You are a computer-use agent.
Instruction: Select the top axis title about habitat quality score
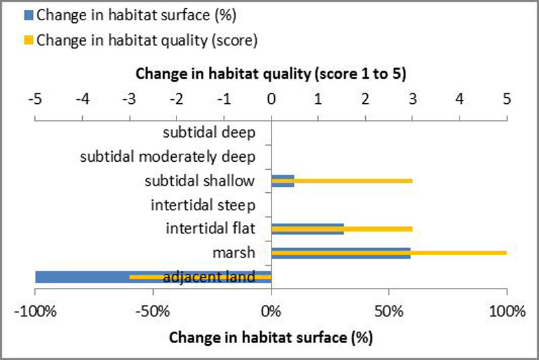point(271,74)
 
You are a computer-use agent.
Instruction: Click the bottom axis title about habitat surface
point(271,335)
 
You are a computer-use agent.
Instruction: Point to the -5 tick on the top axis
point(35,98)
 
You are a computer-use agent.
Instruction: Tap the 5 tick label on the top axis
point(507,98)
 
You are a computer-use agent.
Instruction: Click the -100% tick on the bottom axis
point(35,311)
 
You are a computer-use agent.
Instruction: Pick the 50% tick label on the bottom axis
point(389,311)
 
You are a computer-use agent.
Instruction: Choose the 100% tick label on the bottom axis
point(507,311)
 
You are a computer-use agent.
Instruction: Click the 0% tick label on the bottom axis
point(271,311)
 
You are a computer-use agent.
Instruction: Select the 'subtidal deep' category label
point(209,132)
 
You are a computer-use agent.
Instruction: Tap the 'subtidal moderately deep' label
point(168,157)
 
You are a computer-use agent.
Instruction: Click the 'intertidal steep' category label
point(203,204)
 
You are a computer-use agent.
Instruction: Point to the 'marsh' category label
point(237,253)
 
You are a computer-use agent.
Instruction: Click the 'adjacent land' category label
point(209,276)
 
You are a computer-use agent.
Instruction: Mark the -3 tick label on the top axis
point(129,98)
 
